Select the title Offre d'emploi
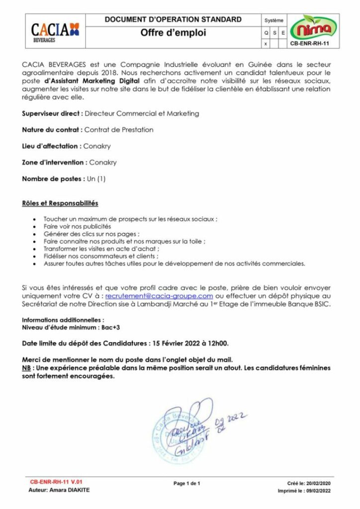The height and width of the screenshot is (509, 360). (173, 33)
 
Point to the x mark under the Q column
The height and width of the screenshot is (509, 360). (266, 43)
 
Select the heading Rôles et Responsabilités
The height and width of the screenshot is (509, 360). (60, 203)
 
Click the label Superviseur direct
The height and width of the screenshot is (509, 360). (52, 113)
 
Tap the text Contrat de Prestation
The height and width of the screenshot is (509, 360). (119, 130)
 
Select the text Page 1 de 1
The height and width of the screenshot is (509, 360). (186, 483)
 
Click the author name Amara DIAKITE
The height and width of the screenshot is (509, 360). (72, 490)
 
